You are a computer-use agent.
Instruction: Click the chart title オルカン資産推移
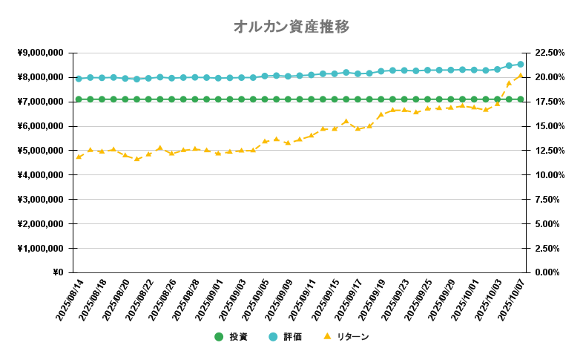click(291, 27)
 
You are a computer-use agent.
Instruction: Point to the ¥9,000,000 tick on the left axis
click(41, 53)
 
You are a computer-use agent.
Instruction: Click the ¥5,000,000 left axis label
click(41, 151)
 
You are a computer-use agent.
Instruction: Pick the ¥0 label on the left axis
click(57, 272)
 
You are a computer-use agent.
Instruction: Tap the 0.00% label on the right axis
click(549, 272)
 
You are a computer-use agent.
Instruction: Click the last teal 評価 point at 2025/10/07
click(521, 65)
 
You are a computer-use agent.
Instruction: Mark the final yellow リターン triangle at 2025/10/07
click(521, 75)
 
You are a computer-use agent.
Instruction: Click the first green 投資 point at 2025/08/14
click(79, 99)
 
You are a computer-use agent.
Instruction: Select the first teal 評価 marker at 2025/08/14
click(79, 78)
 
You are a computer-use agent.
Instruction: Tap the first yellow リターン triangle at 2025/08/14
click(79, 157)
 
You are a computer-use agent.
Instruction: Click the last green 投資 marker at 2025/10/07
click(521, 99)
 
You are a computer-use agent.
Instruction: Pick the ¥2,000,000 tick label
click(41, 223)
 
